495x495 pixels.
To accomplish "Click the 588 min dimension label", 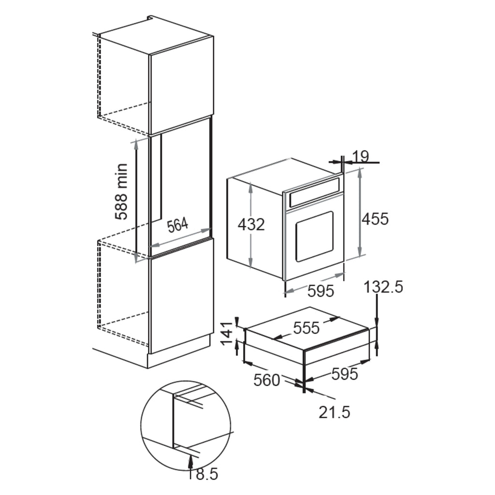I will click(122, 192).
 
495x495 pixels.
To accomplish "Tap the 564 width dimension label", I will click(177, 226).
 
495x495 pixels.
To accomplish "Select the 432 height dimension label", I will click(251, 224).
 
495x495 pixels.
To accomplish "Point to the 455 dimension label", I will click(375, 218).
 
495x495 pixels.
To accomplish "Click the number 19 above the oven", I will click(360, 156).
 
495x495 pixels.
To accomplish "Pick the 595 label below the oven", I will click(321, 291).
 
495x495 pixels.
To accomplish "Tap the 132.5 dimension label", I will click(383, 287).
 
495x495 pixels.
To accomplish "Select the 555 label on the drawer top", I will click(306, 328).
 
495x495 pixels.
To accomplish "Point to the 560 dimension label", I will click(267, 380).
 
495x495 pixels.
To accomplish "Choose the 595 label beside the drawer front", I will click(344, 374).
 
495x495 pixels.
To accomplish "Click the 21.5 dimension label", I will click(334, 412).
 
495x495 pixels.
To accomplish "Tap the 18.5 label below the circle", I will click(203, 475).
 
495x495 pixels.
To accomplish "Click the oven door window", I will click(314, 236).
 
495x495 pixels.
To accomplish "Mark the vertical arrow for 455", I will click(360, 213).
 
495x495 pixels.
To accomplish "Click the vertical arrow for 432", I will click(251, 223).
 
